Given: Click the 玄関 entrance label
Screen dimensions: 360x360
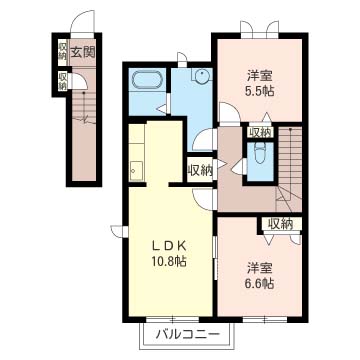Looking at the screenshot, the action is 82,52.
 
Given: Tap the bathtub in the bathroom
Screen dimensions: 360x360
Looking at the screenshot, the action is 147,80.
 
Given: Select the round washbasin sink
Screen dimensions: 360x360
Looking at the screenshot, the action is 202,76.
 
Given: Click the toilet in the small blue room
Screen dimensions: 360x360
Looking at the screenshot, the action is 259,154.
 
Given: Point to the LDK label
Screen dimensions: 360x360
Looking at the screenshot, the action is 169,246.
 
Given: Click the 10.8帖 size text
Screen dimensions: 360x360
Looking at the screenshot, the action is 169,261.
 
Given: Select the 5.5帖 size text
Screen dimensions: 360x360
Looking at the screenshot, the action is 261,91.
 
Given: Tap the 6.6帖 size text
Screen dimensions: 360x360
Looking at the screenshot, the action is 261,284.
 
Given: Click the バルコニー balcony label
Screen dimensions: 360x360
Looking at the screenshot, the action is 188,334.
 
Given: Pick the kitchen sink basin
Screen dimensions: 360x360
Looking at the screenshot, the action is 136,171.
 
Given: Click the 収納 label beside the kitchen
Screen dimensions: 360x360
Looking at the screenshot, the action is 200,171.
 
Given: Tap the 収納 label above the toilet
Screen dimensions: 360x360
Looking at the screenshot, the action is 260,132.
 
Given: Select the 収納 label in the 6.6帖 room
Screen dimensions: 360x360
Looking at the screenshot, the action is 281,224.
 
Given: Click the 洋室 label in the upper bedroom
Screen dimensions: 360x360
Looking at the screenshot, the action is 260,76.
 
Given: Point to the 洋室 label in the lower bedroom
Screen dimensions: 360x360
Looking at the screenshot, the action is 260,268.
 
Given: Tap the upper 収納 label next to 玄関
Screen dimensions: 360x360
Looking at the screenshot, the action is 62,51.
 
